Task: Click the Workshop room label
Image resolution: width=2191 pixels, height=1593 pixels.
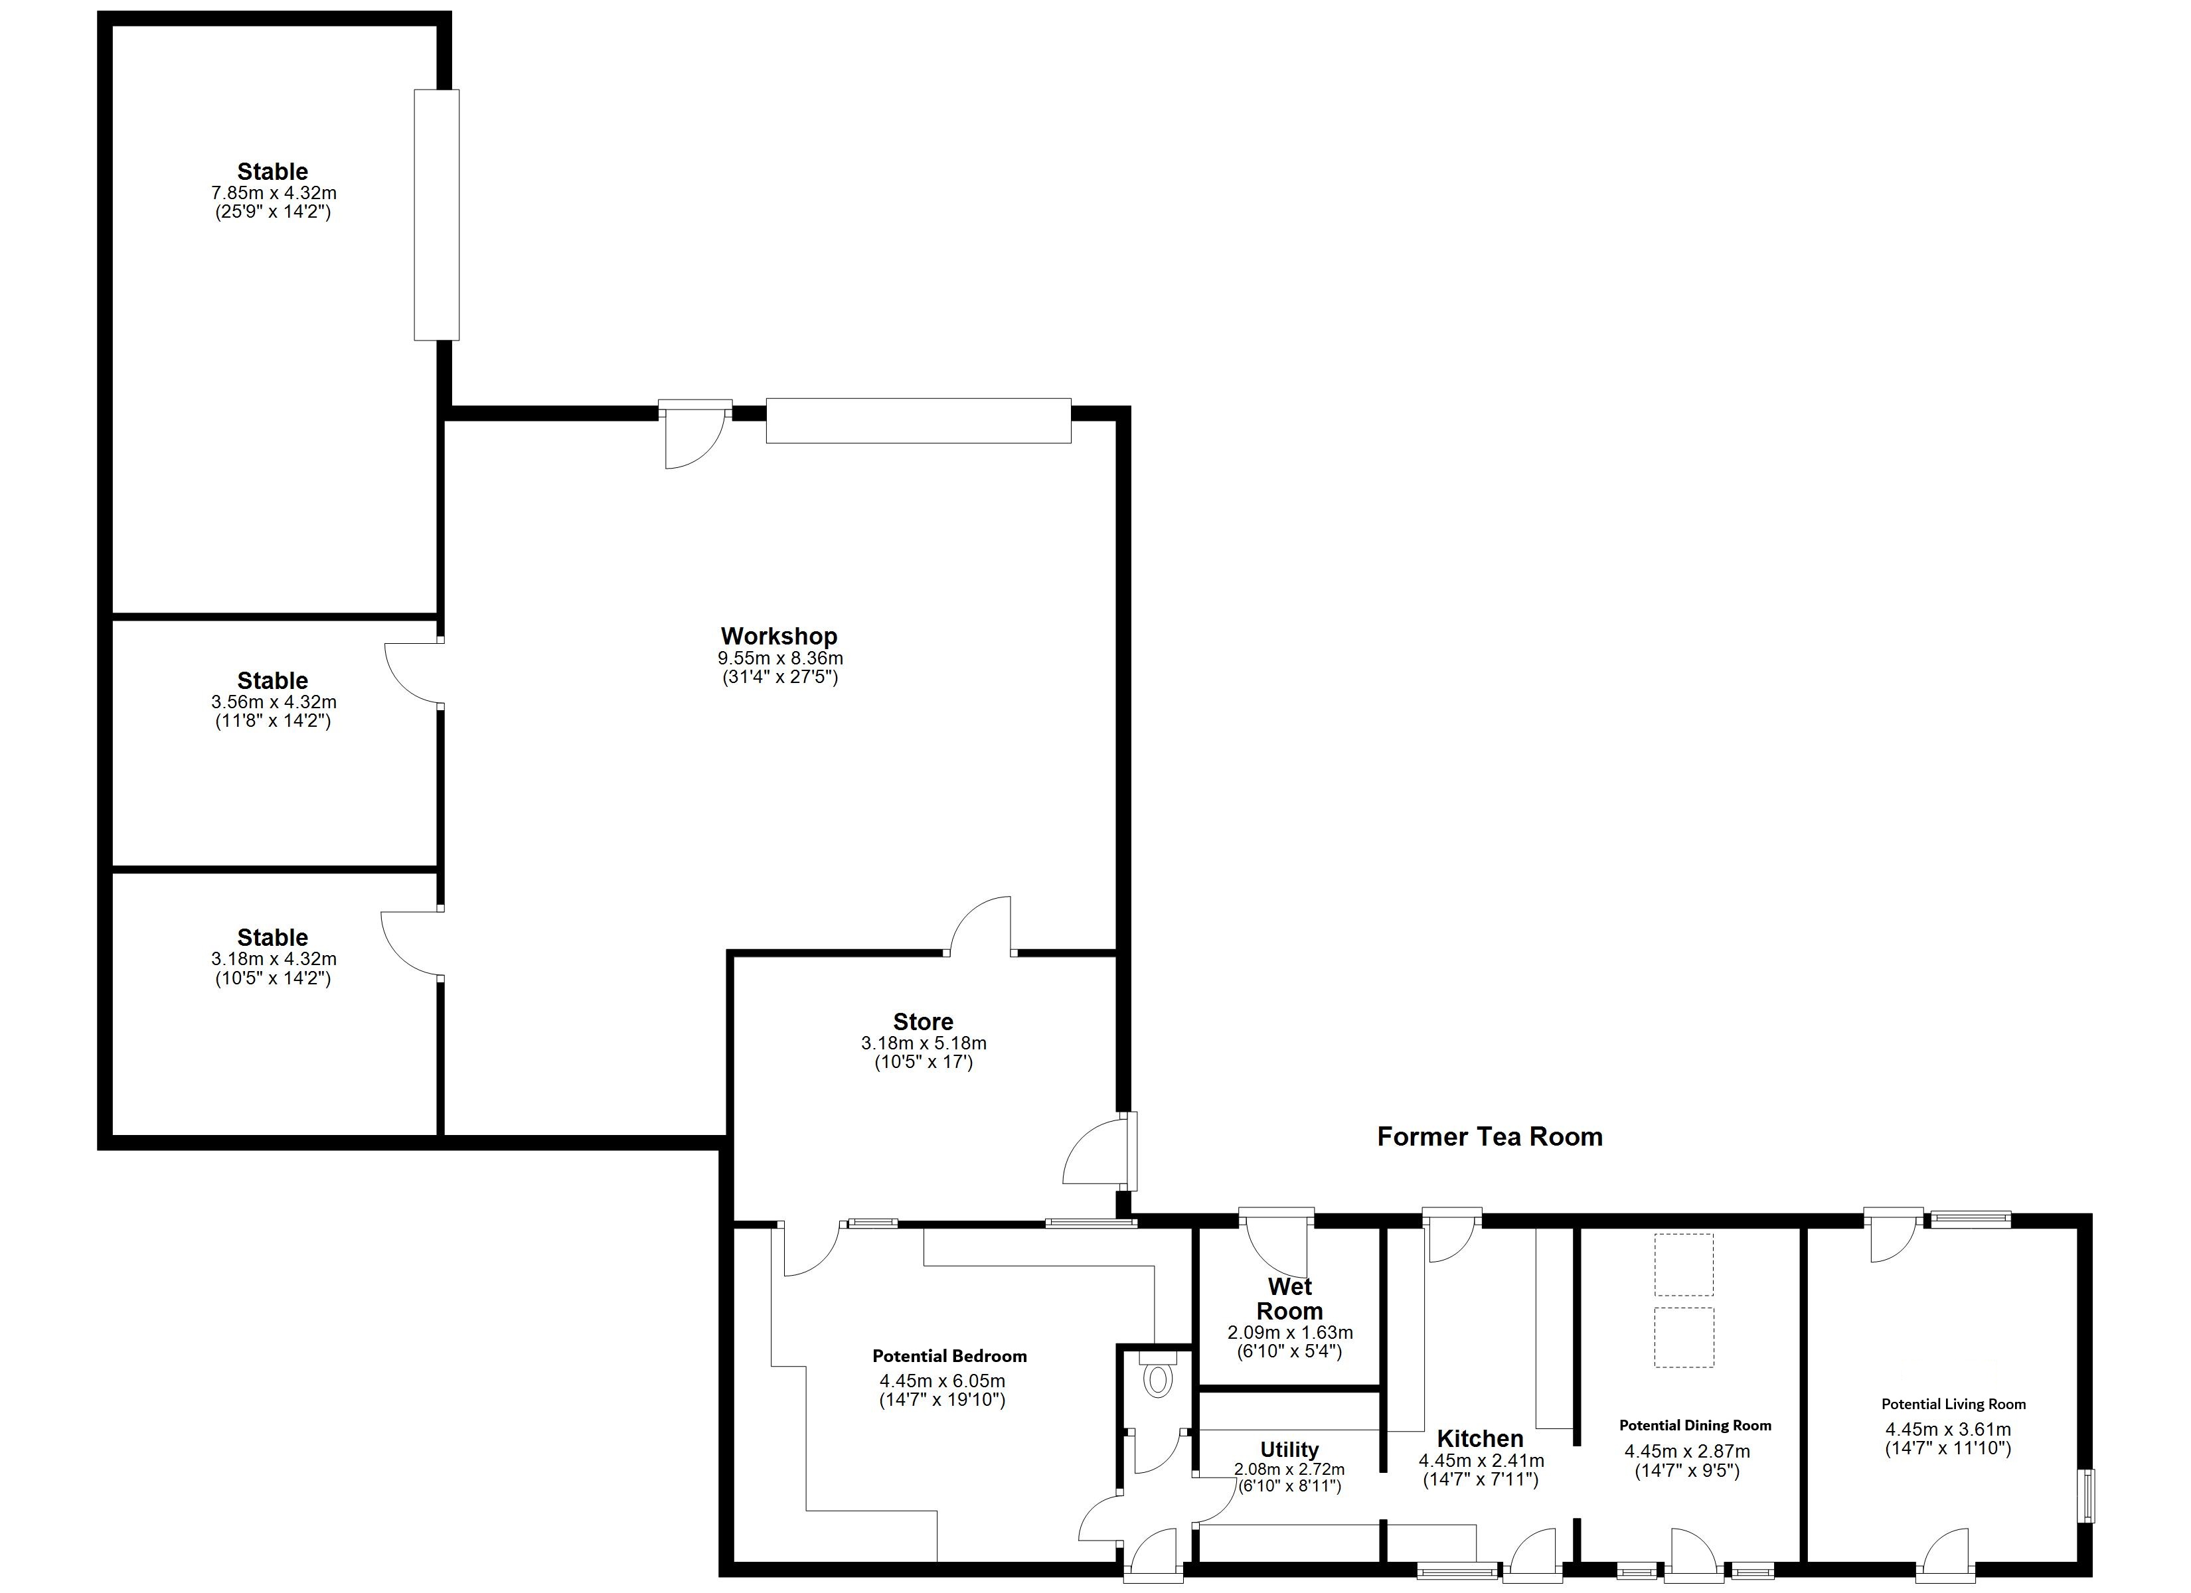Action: coord(779,636)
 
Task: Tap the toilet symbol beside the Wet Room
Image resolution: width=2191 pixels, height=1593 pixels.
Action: coord(1157,1379)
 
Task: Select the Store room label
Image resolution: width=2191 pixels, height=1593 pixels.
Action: coord(923,1021)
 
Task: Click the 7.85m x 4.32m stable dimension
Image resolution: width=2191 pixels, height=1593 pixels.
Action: coord(274,193)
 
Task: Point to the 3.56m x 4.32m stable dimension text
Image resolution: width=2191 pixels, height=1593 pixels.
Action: coord(274,702)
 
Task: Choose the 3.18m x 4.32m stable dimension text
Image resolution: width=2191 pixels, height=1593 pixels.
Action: coord(274,959)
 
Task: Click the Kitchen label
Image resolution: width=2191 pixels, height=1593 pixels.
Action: coord(1479,1438)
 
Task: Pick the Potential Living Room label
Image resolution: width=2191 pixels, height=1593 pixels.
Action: coord(1953,1404)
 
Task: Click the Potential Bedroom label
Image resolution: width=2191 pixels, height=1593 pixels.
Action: coord(949,1356)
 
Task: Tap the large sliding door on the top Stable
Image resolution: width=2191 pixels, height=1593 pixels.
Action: coord(437,214)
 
